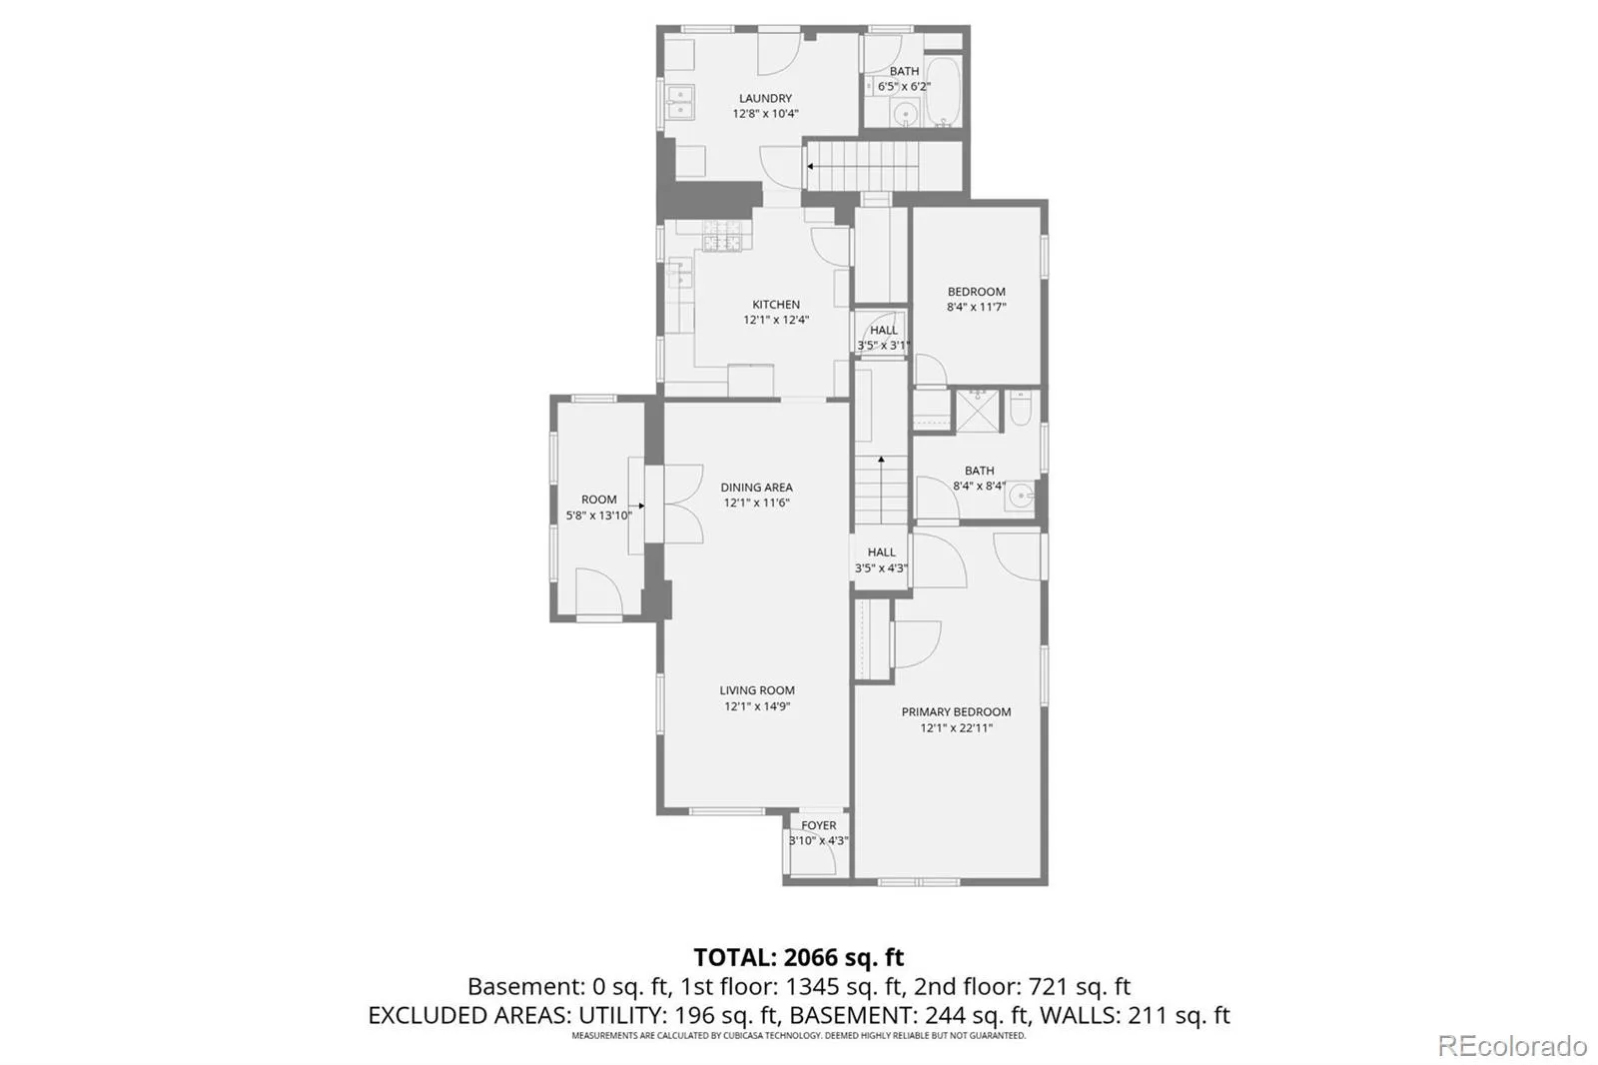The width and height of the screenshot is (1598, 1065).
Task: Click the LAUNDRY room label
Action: (765, 99)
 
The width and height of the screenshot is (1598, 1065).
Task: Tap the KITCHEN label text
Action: (776, 305)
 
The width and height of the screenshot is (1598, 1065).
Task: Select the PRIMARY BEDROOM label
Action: (956, 712)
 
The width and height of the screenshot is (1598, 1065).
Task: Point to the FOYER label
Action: (818, 825)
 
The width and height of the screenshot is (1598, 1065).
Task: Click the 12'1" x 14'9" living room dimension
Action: (757, 706)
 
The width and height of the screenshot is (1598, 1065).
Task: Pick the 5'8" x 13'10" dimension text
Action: (598, 516)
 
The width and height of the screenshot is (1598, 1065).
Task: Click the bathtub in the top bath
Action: (943, 92)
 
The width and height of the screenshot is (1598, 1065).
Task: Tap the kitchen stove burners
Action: (723, 236)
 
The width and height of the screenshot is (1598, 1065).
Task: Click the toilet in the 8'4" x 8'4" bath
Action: (1021, 408)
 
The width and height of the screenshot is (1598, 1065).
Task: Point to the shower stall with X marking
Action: (978, 411)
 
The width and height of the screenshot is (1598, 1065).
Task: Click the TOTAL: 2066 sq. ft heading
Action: (798, 956)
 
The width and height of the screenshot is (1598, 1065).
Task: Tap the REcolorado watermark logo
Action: (1512, 1046)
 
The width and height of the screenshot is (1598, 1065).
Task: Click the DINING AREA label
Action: (756, 488)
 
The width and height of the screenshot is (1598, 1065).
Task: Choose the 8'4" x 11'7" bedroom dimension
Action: (976, 308)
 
